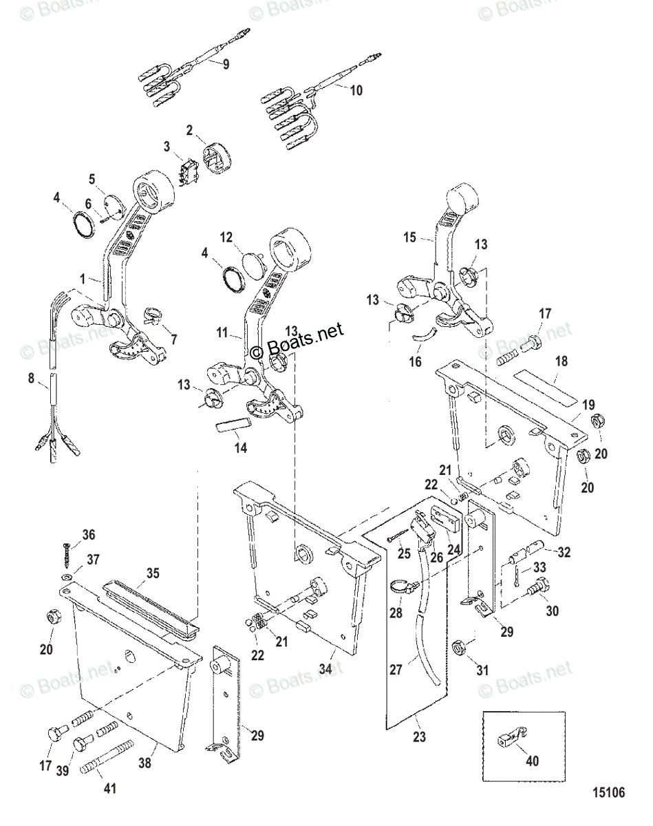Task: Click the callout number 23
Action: click(419, 738)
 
